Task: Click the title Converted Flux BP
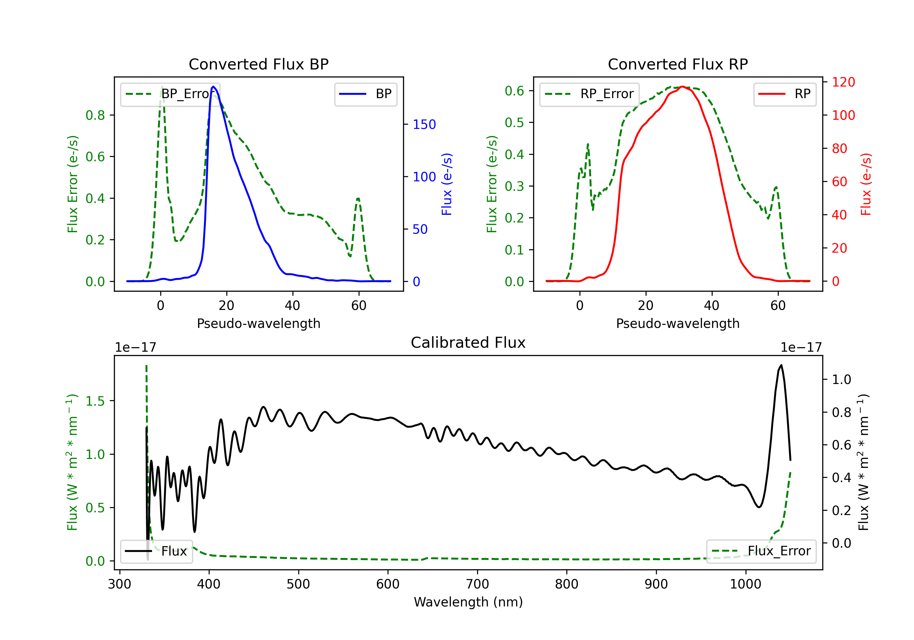(259, 64)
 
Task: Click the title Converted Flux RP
(678, 64)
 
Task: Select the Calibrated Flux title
(468, 343)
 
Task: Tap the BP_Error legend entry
(170, 94)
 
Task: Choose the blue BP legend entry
(365, 94)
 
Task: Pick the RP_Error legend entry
(589, 94)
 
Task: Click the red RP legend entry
(785, 94)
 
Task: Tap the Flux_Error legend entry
(761, 551)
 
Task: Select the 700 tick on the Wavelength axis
(477, 584)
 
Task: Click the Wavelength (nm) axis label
(468, 602)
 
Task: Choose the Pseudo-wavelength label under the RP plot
(678, 323)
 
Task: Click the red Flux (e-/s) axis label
(866, 184)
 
